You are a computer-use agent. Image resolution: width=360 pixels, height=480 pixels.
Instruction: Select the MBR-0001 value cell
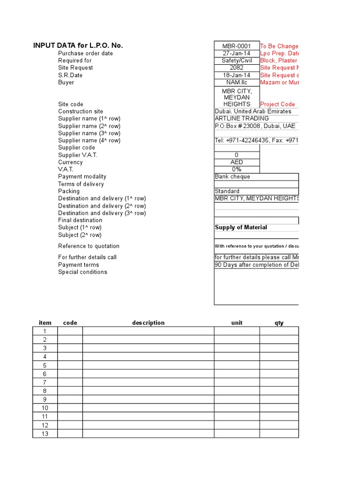(x=237, y=46)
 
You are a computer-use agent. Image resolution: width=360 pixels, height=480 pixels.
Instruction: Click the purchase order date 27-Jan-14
(x=237, y=53)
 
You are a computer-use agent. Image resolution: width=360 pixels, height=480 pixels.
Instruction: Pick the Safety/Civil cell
(x=237, y=60)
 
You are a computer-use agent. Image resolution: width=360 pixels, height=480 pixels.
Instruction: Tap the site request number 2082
(x=237, y=67)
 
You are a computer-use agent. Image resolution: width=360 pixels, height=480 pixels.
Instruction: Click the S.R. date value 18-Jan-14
(x=237, y=75)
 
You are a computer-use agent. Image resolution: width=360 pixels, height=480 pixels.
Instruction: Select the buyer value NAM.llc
(x=237, y=82)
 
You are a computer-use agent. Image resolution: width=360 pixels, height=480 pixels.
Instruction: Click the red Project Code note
(x=277, y=104)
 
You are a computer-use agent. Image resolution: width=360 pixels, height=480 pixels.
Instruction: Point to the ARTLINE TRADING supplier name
(x=242, y=119)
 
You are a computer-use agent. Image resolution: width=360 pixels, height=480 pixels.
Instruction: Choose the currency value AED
(x=237, y=162)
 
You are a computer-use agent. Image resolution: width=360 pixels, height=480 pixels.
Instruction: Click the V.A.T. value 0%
(x=237, y=169)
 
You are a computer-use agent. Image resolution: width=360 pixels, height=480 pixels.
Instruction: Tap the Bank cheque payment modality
(x=232, y=177)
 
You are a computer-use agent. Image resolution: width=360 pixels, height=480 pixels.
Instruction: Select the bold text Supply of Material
(x=241, y=227)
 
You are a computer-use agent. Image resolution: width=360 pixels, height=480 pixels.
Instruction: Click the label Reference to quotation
(x=89, y=246)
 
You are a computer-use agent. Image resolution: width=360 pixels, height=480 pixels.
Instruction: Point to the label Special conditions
(x=82, y=272)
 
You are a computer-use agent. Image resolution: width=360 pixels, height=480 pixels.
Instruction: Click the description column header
(x=148, y=323)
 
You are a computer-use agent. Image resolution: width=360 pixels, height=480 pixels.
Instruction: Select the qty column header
(x=279, y=323)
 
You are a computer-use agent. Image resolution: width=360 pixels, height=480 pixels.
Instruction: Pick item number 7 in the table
(x=45, y=382)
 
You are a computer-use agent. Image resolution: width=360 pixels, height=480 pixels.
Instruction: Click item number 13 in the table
(x=45, y=434)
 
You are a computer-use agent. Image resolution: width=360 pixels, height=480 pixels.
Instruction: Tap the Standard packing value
(x=227, y=191)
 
